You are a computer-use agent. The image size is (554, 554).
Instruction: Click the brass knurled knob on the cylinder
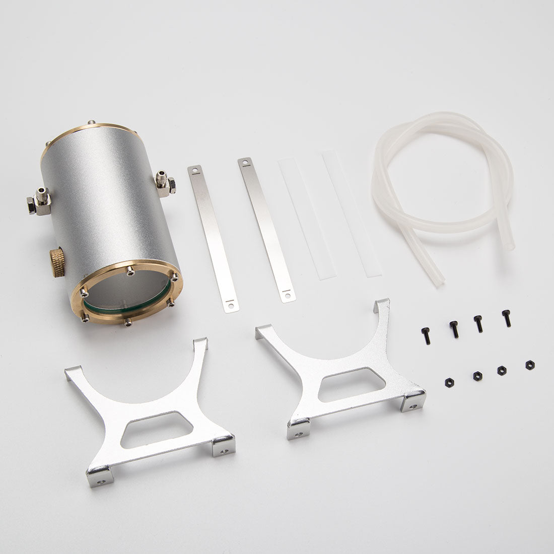57,262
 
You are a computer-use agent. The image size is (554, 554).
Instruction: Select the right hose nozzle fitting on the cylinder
165,184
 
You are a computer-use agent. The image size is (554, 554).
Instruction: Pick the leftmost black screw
426,335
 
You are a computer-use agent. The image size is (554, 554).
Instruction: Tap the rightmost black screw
506,318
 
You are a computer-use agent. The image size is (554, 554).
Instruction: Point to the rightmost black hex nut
529,364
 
